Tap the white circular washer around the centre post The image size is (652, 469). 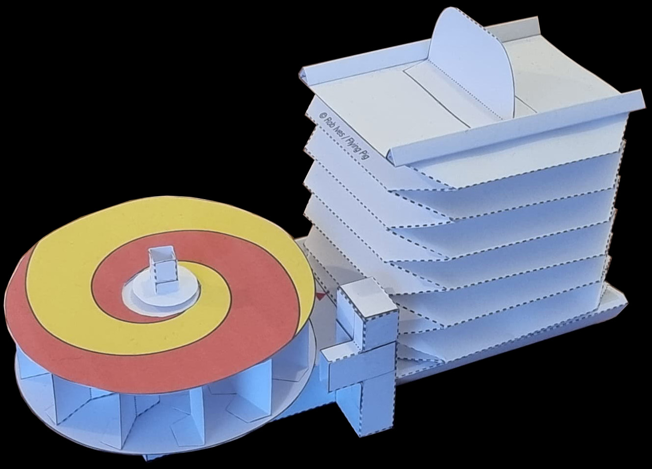point(163,294)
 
